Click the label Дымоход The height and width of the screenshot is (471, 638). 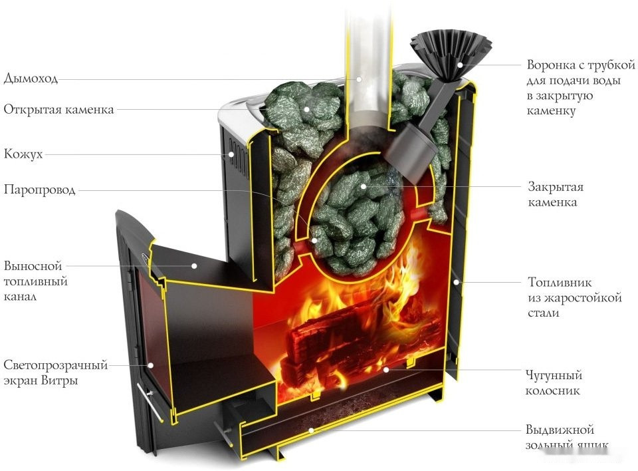click(x=31, y=78)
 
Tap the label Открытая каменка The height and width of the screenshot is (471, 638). click(x=58, y=109)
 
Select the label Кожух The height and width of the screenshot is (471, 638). click(x=23, y=154)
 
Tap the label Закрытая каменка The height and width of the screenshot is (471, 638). click(x=556, y=194)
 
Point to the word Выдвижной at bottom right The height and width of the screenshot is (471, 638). click(x=560, y=430)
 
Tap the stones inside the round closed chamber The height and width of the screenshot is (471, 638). click(x=359, y=213)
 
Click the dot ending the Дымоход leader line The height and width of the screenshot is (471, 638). click(x=359, y=79)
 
